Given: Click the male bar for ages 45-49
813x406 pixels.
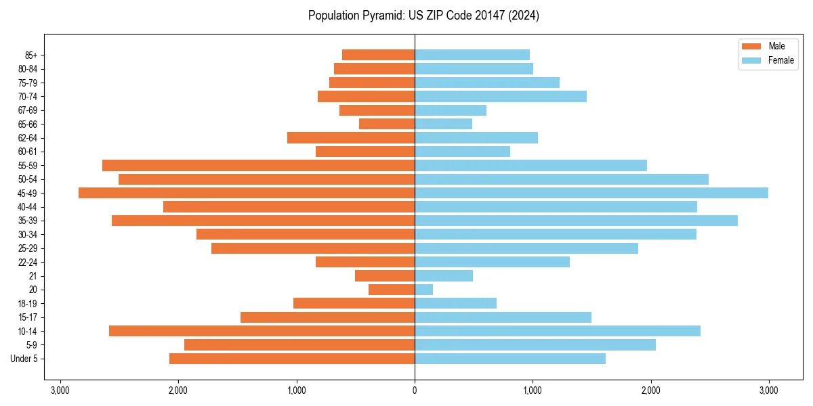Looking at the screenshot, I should coord(247,193).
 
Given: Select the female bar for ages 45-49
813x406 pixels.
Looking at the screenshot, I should coord(591,193).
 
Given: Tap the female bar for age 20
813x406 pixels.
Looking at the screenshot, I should coord(424,290).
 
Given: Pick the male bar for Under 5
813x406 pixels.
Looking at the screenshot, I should coord(292,359).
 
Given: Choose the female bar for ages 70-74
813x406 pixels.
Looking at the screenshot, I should coord(501,97).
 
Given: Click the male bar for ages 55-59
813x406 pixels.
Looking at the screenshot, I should coord(258,166).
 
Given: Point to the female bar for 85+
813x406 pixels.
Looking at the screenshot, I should coord(472,55).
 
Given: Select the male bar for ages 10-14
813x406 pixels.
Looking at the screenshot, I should coord(262,331).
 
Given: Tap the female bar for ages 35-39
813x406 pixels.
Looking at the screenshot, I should coord(576,221).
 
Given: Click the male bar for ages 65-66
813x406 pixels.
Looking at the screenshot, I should coord(387,124).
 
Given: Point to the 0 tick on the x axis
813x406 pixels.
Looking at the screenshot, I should coord(415,390).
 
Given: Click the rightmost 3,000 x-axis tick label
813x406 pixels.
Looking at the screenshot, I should coord(768,390).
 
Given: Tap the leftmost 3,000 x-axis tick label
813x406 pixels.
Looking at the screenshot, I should coord(60,390).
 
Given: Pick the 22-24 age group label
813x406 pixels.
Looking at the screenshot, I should coord(28,263).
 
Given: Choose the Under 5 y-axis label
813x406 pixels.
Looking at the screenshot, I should coord(24,359).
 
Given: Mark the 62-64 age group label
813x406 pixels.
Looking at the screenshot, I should coord(28,138).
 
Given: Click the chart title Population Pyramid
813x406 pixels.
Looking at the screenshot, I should coord(423,16).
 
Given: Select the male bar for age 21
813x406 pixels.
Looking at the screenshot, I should coord(385,276).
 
